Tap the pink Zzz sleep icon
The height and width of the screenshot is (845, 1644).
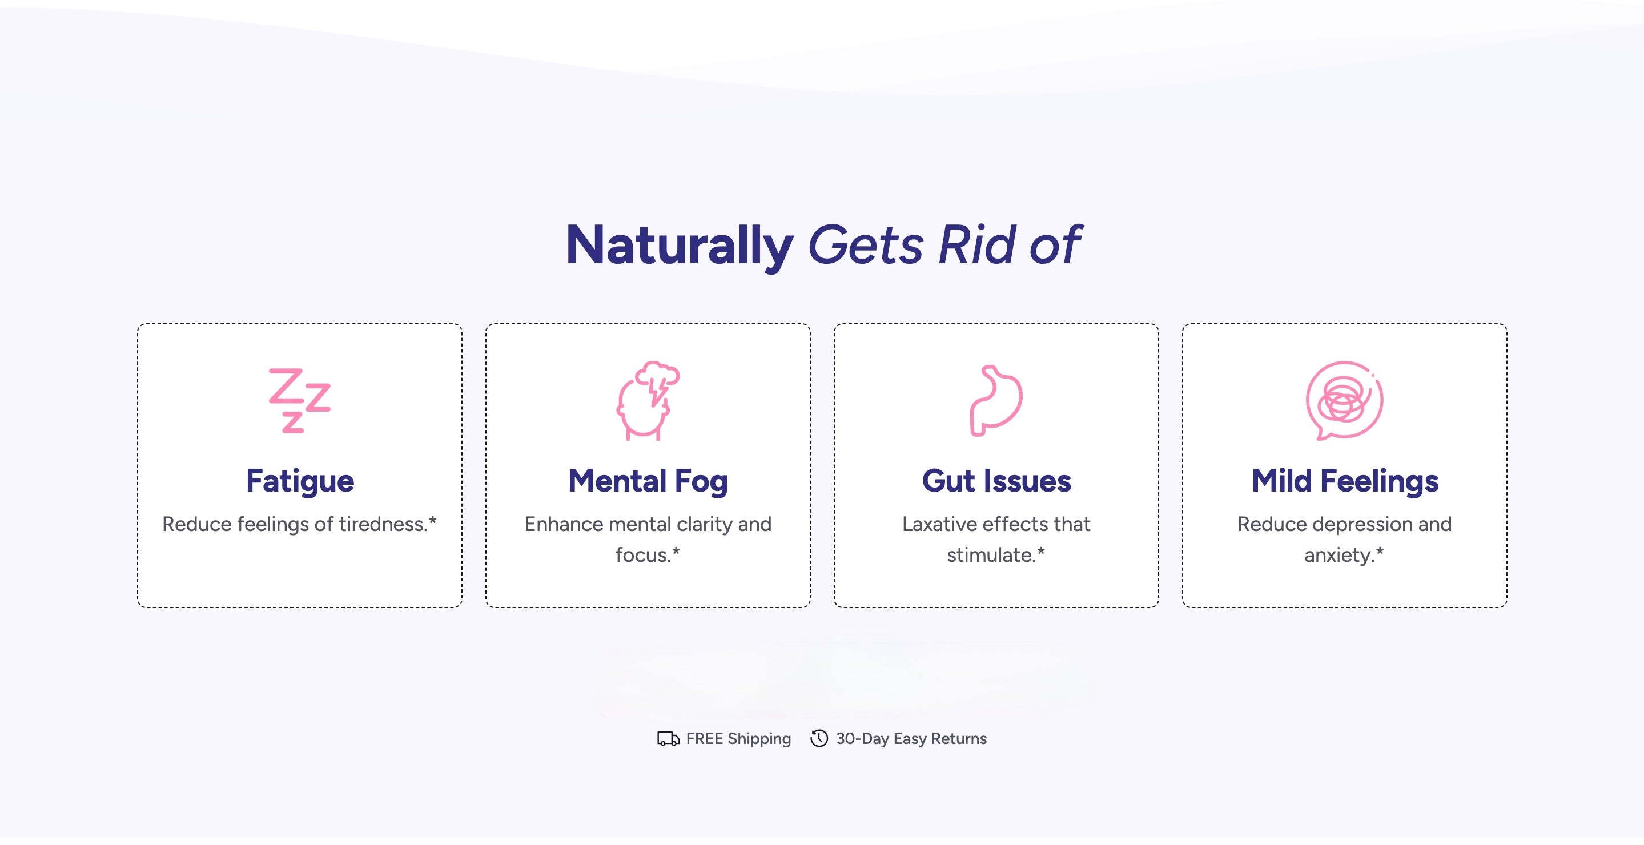[x=299, y=401]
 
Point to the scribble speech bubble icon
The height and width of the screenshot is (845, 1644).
[x=1344, y=401]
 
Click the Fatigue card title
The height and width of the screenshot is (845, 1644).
[x=300, y=481]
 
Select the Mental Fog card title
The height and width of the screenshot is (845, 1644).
[x=648, y=481]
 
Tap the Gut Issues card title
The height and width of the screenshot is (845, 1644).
[x=996, y=481]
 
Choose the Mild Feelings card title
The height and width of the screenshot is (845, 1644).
[x=1345, y=481]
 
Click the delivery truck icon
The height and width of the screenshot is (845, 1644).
[x=668, y=739]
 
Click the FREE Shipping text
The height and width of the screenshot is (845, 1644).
[x=738, y=739]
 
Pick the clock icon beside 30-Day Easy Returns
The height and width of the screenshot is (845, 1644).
[x=819, y=738]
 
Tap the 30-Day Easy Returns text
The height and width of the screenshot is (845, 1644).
[x=911, y=739]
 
